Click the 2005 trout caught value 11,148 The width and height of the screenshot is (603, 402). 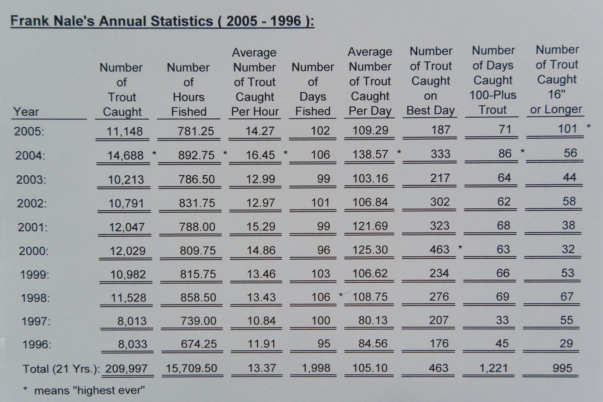point(125,131)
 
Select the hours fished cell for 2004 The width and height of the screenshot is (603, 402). point(196,155)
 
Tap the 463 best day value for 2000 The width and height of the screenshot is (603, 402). point(439,249)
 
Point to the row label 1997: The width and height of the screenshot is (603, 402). point(36,321)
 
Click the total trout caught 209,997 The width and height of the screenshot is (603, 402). point(126,368)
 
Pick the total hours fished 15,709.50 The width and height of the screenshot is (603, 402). point(191,368)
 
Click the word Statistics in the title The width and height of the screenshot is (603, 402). point(182,21)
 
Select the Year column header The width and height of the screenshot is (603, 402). point(26,111)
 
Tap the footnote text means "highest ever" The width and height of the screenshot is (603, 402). point(89,390)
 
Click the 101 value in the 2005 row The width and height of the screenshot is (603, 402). point(567,129)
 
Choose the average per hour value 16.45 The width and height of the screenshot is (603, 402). point(260,155)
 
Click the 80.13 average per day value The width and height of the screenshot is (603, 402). point(373,320)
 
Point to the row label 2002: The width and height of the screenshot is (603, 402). point(32,203)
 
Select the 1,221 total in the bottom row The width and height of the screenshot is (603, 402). point(494,368)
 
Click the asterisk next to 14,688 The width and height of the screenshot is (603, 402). point(154,153)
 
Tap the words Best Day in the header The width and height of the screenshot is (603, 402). point(430,110)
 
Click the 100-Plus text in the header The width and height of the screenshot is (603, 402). point(492,95)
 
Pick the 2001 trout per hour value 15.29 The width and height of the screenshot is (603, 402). point(261,226)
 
